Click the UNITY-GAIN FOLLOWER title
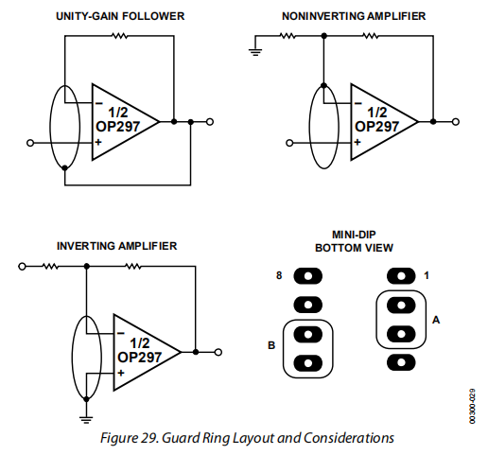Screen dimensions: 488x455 [120, 16]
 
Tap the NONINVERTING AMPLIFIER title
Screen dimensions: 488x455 [354, 16]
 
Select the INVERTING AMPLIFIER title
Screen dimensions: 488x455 [116, 246]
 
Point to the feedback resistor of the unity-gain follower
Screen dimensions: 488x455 [120, 36]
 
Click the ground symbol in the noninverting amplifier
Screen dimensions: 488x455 [255, 52]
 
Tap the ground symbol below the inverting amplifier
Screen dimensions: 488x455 [86, 420]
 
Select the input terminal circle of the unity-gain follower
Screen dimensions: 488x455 [30, 143]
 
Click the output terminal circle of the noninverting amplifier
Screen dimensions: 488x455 [455, 122]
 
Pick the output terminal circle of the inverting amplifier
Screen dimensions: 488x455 [218, 352]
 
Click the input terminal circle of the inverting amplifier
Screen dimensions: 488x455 [22, 267]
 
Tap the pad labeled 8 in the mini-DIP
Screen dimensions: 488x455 [308, 276]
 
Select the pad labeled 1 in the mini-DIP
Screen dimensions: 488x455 [401, 276]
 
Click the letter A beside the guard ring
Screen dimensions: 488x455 [436, 320]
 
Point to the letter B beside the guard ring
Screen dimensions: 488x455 [271, 345]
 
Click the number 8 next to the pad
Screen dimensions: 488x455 [279, 275]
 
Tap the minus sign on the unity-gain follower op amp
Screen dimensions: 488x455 [99, 103]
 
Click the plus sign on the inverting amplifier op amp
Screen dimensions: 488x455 [121, 373]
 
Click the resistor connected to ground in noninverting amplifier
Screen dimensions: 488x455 [288, 36]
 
